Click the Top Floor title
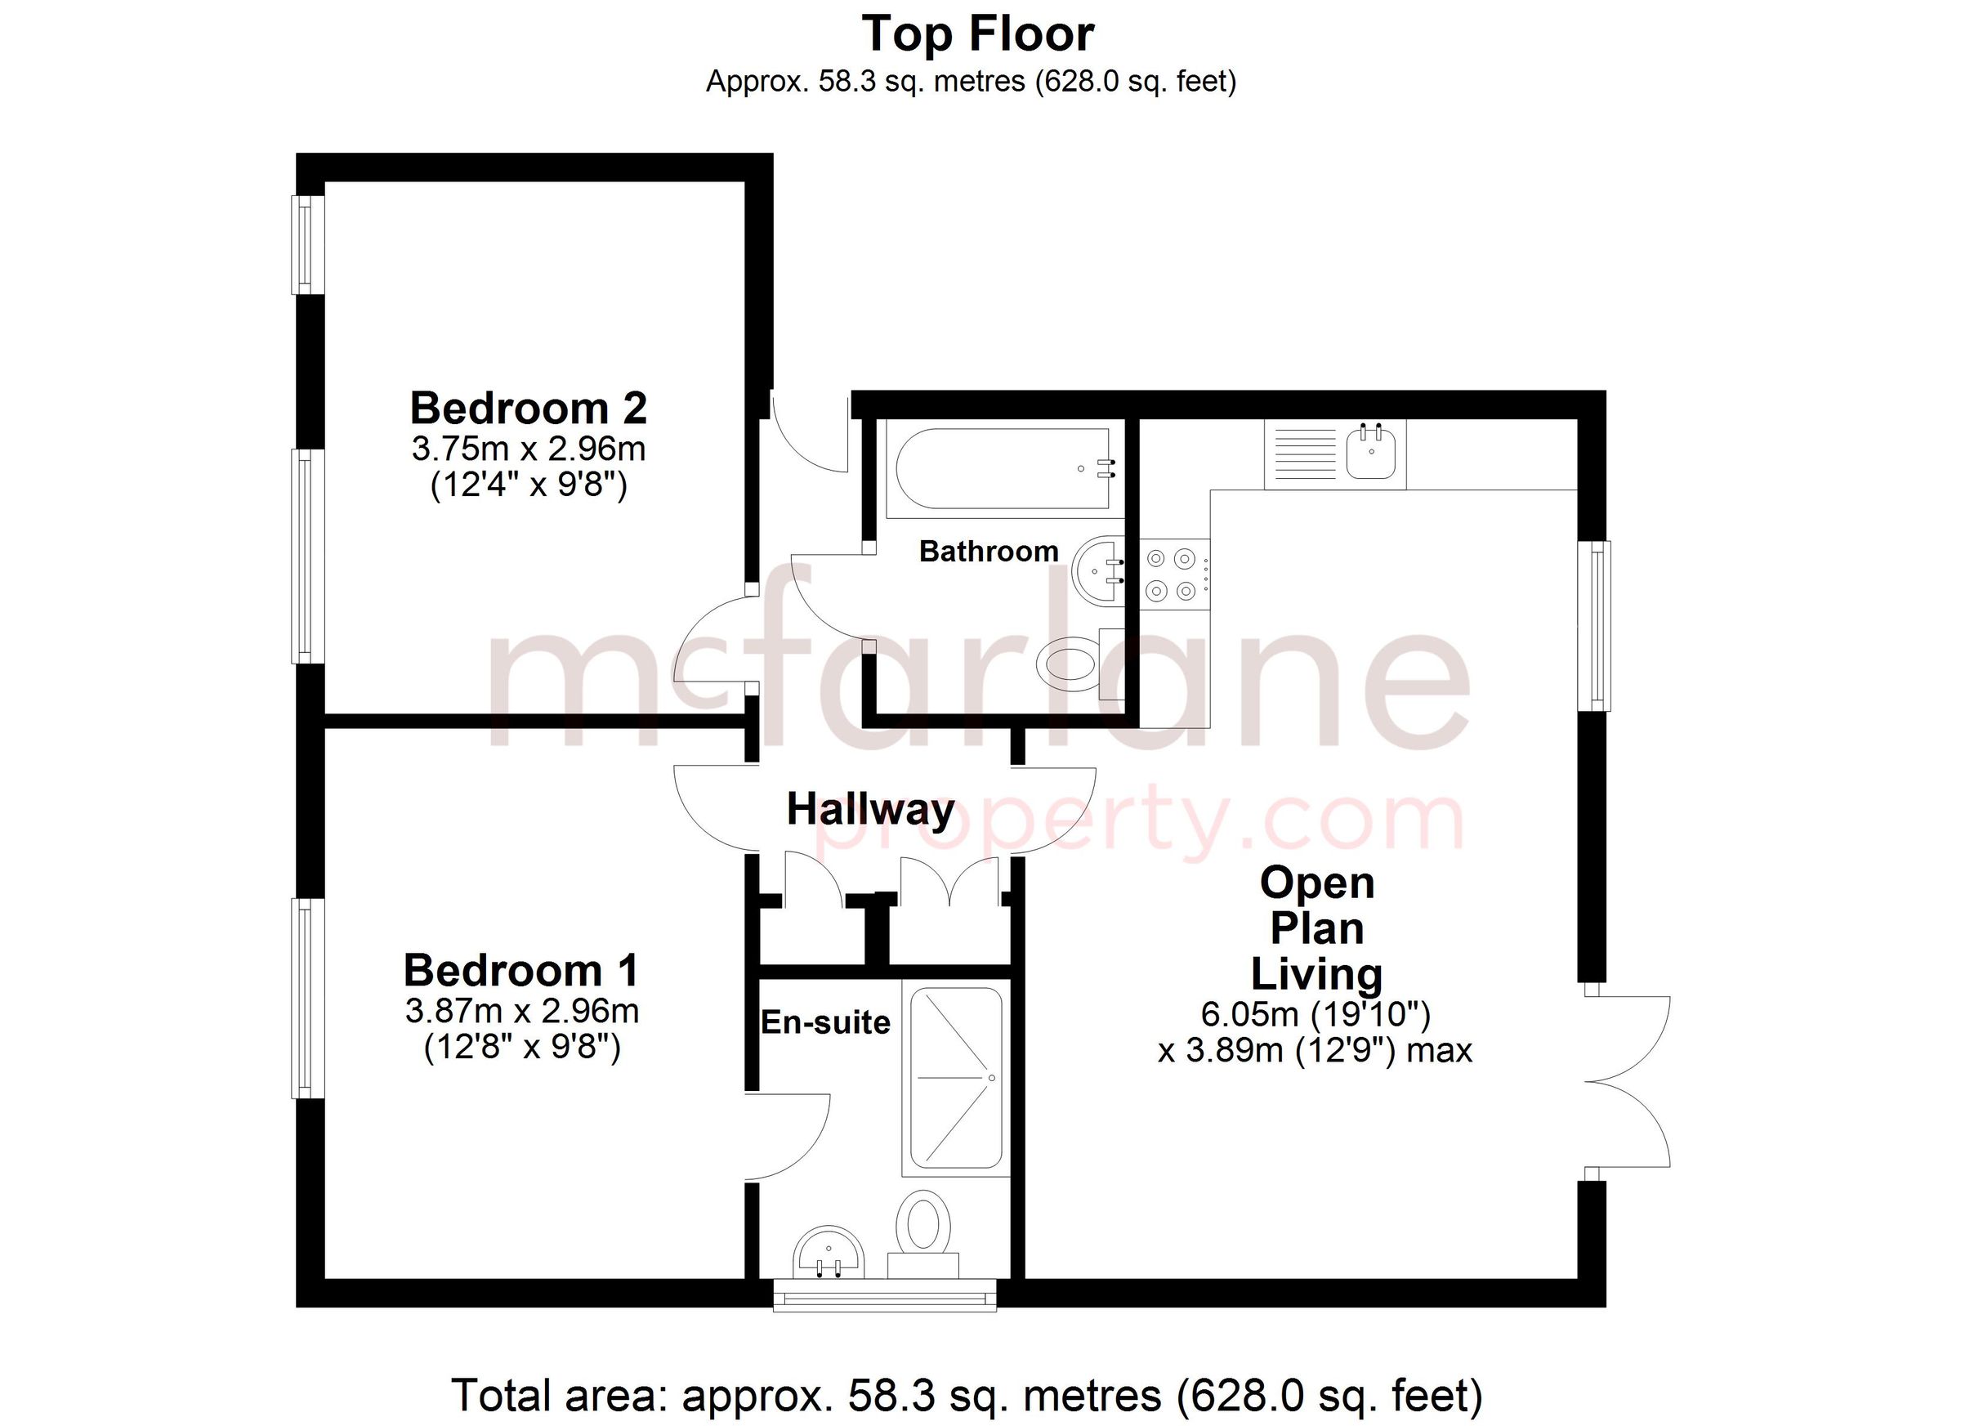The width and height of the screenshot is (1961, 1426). coord(978,34)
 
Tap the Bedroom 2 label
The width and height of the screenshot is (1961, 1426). coord(529,408)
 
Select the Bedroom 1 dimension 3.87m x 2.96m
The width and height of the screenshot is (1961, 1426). coord(521,1010)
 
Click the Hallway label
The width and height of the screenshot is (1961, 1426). coord(871,809)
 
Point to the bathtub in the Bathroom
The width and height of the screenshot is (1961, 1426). coord(1003,469)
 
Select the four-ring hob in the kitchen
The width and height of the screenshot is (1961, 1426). coord(1173,574)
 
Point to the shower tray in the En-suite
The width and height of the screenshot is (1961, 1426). coord(955,1078)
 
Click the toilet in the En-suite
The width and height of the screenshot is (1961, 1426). coord(923,1227)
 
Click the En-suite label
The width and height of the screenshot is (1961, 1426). coord(825,1023)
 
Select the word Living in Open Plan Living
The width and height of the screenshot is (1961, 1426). coord(1316,974)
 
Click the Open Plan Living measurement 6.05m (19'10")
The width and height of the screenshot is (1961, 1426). coord(1316,1013)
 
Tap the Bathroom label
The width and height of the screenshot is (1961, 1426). coord(989,551)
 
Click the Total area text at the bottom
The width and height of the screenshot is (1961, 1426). coord(967,1395)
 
